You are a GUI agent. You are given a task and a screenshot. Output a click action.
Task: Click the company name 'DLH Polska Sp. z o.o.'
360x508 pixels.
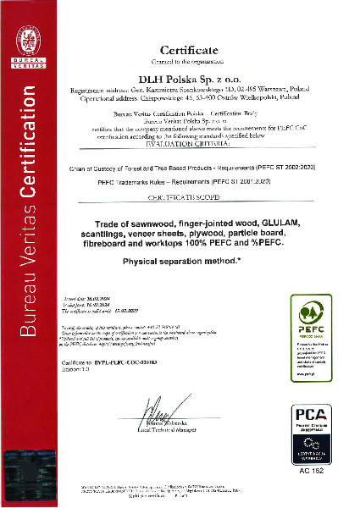[x=194, y=78]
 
